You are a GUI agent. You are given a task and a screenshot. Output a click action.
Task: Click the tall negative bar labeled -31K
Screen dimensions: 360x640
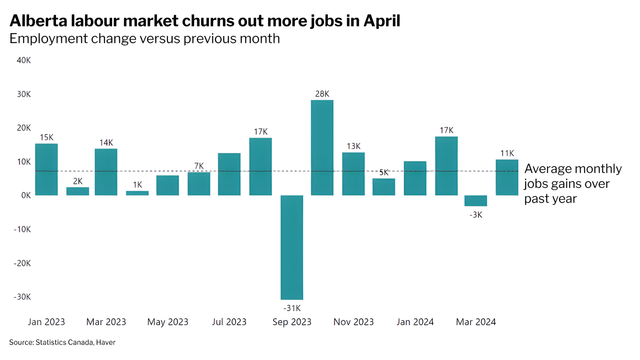(x=292, y=247)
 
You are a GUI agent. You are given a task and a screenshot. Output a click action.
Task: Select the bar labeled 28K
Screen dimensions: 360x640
(x=322, y=147)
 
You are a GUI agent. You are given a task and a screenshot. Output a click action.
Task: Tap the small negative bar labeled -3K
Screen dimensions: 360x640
(x=476, y=201)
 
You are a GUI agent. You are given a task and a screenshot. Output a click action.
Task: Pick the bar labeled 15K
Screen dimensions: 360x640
(x=46, y=169)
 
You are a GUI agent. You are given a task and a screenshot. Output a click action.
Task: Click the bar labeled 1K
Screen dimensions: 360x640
(x=137, y=193)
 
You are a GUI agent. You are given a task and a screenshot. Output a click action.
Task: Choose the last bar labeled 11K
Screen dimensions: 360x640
(x=507, y=177)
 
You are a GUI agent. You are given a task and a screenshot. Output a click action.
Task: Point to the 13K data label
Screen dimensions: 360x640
(x=353, y=146)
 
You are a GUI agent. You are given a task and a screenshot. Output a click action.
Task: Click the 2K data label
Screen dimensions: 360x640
(x=78, y=181)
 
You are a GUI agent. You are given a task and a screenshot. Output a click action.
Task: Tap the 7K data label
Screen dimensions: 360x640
(x=199, y=166)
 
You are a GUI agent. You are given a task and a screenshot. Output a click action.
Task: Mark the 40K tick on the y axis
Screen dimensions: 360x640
(x=24, y=60)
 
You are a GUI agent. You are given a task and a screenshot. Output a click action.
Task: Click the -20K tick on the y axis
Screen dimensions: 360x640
(x=22, y=263)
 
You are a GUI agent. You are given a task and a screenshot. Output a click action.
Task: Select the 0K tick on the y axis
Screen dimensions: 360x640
(x=26, y=195)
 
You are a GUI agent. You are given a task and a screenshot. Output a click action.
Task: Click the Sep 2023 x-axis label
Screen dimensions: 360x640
(x=292, y=322)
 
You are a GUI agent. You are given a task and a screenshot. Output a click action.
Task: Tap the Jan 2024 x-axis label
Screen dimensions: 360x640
(x=415, y=322)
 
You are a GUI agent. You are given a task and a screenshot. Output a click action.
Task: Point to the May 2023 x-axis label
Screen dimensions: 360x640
(x=168, y=322)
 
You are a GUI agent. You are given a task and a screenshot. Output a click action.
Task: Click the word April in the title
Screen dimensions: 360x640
(x=382, y=21)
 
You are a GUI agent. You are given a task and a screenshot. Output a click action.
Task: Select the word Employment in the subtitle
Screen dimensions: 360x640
(x=48, y=39)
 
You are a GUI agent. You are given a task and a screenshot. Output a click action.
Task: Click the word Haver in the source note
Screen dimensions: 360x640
(x=106, y=342)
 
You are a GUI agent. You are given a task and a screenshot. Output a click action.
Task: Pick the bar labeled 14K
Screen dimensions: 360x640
(x=106, y=172)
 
